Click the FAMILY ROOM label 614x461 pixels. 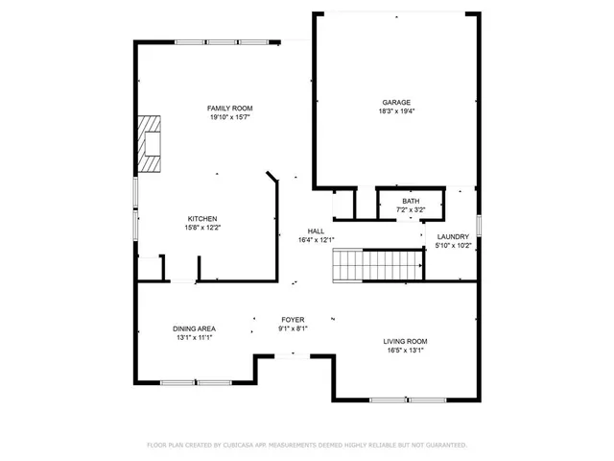coord(230,108)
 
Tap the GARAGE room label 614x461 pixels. coord(396,102)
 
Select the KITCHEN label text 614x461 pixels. coord(201,218)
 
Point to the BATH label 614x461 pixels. coord(411,201)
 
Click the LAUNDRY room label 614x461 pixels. coord(453,236)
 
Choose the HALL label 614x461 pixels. coord(316,231)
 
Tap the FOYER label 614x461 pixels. coord(293,319)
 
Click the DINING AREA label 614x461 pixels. coord(194,328)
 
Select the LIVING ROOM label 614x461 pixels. coord(406,341)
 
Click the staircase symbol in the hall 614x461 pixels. coord(378,264)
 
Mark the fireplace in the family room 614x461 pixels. coord(149,142)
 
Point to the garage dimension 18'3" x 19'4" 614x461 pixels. coord(396,111)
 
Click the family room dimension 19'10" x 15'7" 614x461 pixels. coord(230,117)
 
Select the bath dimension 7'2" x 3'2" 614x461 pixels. coord(411,209)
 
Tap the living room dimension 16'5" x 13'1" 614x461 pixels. coord(406,351)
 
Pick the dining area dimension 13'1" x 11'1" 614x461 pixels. coord(194,338)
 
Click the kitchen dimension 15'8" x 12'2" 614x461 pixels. coord(201,228)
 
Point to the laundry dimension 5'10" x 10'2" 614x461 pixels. coord(453,246)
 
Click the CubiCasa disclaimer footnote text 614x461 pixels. coord(307,445)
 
